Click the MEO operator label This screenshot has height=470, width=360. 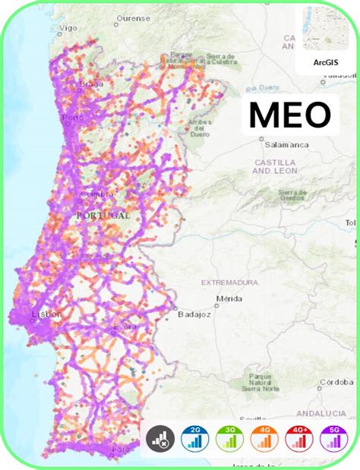click(x=290, y=115)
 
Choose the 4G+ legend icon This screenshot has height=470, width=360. click(x=298, y=438)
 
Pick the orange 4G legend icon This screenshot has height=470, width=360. click(x=264, y=438)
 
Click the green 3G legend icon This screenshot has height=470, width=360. click(x=229, y=438)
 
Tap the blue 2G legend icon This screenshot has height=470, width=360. click(x=194, y=438)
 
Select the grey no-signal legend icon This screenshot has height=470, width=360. click(x=160, y=438)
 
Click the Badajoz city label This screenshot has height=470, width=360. click(x=192, y=313)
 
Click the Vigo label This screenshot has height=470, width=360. click(x=68, y=27)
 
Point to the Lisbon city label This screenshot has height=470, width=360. click(x=41, y=314)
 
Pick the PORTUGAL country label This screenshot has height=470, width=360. click(x=103, y=215)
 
